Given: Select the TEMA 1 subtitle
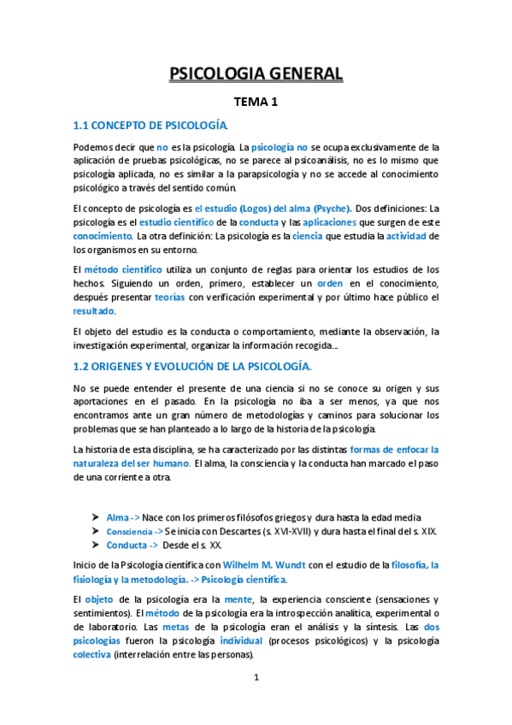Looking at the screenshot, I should (x=256, y=103).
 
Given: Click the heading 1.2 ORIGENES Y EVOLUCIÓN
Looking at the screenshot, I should (x=191, y=366).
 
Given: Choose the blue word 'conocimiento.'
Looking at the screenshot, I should (x=103, y=236).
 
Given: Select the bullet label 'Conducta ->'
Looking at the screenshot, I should (x=132, y=545).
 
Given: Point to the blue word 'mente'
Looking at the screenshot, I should (x=238, y=599).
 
